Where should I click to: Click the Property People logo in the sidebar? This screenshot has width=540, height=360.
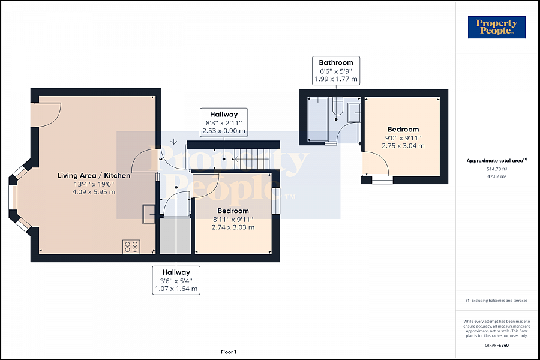pyautogui.click(x=496, y=27)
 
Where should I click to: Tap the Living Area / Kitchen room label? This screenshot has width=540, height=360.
pyautogui.click(x=94, y=175)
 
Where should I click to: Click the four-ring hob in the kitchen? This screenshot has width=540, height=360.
pyautogui.click(x=131, y=247)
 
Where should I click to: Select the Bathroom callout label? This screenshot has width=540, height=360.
pyautogui.click(x=336, y=71)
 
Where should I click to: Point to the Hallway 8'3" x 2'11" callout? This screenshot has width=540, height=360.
pyautogui.click(x=224, y=122)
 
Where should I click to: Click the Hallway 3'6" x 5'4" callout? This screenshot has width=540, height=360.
pyautogui.click(x=176, y=280)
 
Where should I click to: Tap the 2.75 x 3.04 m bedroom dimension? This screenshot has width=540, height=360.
pyautogui.click(x=403, y=146)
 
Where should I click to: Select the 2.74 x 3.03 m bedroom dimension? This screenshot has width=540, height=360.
pyautogui.click(x=233, y=227)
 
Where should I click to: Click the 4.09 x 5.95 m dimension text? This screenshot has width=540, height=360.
pyautogui.click(x=94, y=192)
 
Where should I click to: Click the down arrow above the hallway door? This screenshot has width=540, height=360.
pyautogui.click(x=173, y=142)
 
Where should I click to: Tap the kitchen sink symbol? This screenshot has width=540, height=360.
pyautogui.click(x=149, y=214)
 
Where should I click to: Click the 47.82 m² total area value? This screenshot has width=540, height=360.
pyautogui.click(x=496, y=176)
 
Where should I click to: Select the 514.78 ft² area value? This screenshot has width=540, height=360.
pyautogui.click(x=497, y=169)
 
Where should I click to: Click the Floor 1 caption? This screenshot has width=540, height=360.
pyautogui.click(x=229, y=352)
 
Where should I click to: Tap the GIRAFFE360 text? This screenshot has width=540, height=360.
pyautogui.click(x=497, y=345)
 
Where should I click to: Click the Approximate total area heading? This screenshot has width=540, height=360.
pyautogui.click(x=497, y=161)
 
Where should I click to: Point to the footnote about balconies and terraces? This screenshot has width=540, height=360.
pyautogui.click(x=497, y=301)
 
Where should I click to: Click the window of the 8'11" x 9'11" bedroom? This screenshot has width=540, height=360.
pyautogui.click(x=275, y=200)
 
